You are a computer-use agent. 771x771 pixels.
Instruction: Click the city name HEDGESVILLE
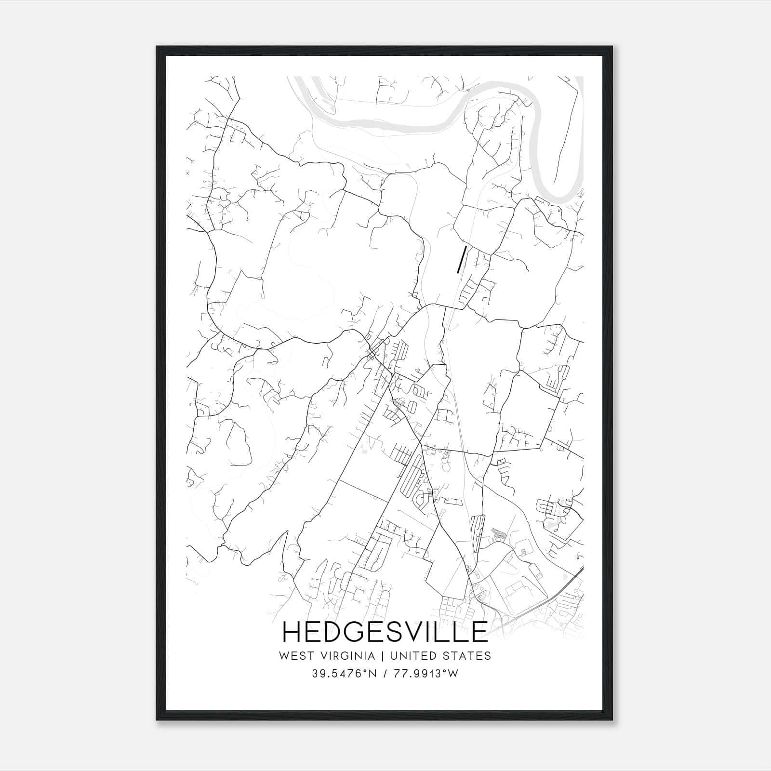[x=385, y=632]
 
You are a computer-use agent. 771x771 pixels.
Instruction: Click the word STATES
[x=467, y=656]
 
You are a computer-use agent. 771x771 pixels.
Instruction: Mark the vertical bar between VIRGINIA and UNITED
[x=382, y=656]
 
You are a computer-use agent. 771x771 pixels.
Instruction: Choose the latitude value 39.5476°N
[x=343, y=674]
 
